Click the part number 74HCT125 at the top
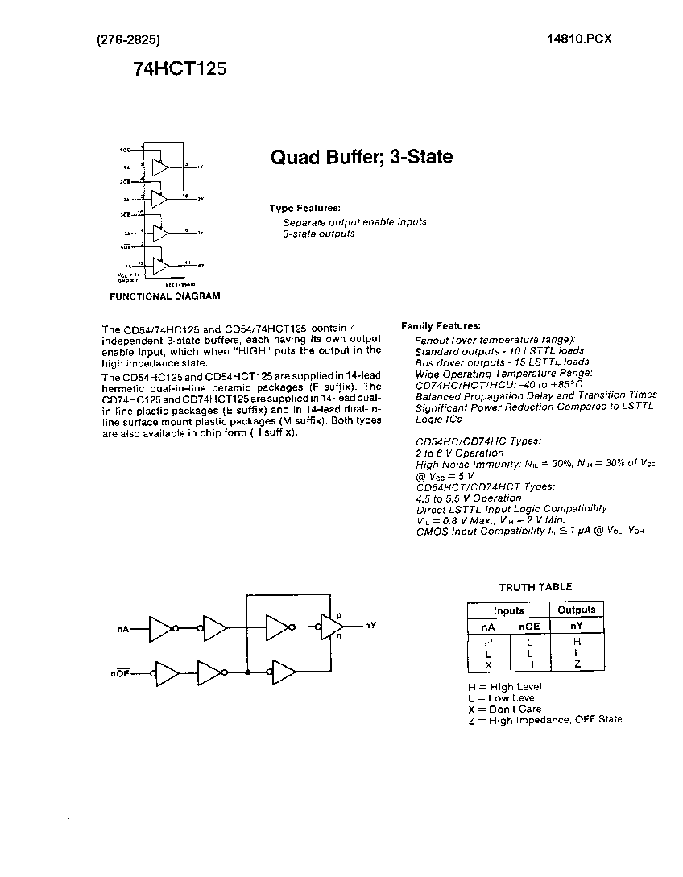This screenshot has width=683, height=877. [180, 69]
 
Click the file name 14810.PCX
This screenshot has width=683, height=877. [577, 39]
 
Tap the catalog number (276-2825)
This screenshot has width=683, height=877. [128, 39]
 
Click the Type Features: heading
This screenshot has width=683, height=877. [304, 208]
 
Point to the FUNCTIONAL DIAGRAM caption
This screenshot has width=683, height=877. [164, 296]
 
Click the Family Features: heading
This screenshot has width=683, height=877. [441, 325]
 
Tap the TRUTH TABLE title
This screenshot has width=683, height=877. [536, 587]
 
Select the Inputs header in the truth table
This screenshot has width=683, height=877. [508, 610]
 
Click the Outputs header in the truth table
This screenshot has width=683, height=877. [577, 610]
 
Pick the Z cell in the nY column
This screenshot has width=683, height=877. [577, 664]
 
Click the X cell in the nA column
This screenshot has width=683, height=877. [488, 664]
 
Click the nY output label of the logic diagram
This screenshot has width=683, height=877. [370, 625]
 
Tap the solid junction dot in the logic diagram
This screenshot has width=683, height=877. [247, 672]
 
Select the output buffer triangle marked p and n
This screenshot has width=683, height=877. [330, 626]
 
